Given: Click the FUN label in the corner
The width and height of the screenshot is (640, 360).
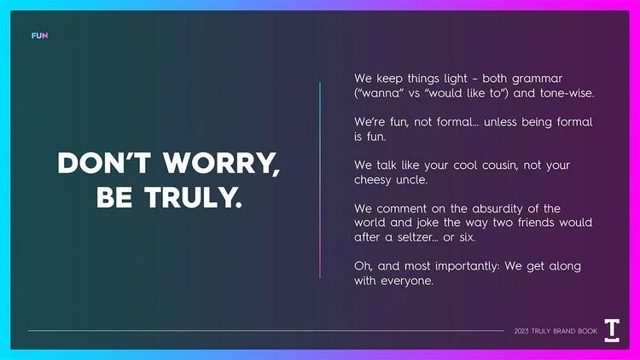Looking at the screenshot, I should [39, 36].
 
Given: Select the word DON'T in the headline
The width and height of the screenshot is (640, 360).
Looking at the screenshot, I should [98, 164].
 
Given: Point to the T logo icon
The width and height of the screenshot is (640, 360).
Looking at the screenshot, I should [612, 330].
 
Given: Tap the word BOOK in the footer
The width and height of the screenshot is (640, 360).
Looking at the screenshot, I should [585, 331].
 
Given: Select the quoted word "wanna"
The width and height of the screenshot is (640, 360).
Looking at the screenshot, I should [380, 92].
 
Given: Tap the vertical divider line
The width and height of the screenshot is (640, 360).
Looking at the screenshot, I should [320, 179].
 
